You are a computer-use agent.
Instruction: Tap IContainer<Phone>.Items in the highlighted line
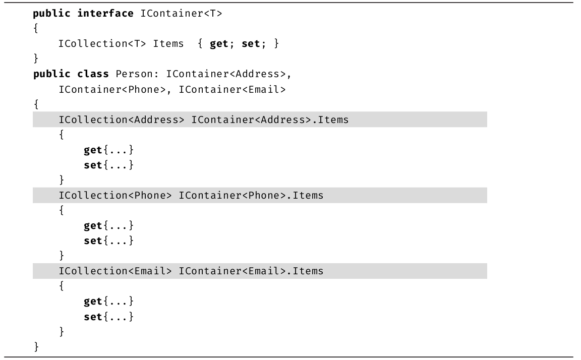click(251, 195)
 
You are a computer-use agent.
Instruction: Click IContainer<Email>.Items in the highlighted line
click(251, 271)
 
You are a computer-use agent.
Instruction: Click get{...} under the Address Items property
click(108, 150)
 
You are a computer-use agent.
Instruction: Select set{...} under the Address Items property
click(108, 165)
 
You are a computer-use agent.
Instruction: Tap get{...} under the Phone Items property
click(108, 225)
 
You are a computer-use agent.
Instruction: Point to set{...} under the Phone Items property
click(108, 241)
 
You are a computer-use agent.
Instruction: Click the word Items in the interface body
click(168, 44)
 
